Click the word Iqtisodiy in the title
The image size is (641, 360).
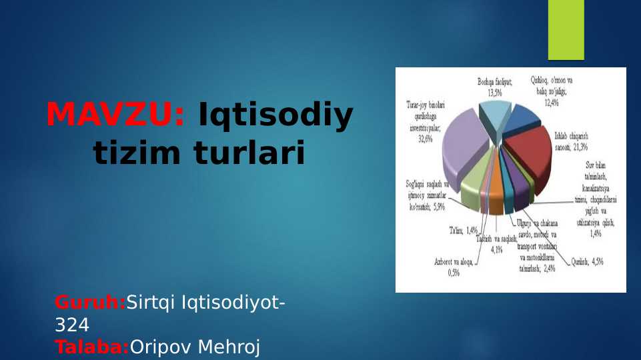coord(277,115)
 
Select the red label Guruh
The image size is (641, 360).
coord(90,303)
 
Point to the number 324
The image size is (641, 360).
coord(72,325)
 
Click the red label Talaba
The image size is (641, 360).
coord(92,347)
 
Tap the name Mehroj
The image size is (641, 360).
coord(229,347)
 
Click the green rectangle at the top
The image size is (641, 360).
coord(566,29)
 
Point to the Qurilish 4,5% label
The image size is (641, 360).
coord(587,262)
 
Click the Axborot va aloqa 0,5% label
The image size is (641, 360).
coord(453,267)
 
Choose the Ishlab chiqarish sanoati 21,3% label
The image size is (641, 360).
coord(571,141)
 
